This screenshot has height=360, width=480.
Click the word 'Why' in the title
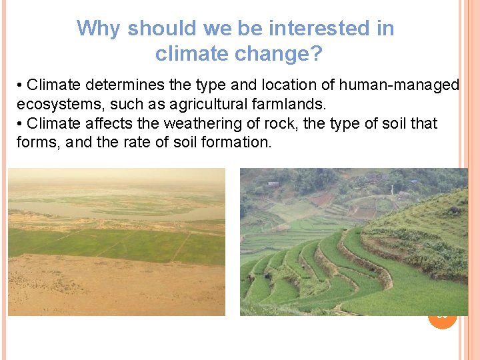pos(99,29)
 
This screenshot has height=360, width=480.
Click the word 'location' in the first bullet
pos(303,85)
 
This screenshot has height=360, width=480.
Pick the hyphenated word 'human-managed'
pos(399,85)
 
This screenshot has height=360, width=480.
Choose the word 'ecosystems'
pos(55,104)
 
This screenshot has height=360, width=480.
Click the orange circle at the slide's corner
pos(442,316)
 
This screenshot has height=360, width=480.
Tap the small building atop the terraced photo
pos(273,183)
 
